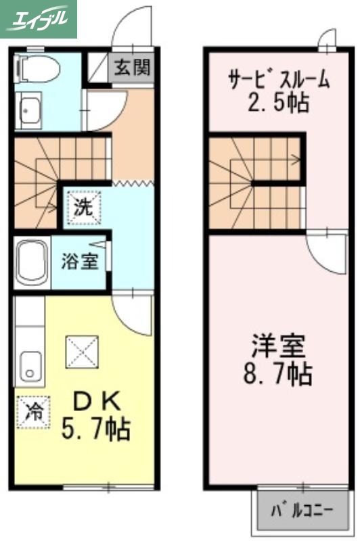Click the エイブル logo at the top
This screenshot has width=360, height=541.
39,19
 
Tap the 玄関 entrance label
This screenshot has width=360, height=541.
132,67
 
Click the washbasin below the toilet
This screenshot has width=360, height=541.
29,109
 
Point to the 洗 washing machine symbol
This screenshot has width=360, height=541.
83,207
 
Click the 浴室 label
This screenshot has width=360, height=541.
80,261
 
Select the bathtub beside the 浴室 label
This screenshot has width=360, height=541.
31,262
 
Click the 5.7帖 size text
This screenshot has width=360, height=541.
96,429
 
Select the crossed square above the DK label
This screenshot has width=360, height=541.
81,352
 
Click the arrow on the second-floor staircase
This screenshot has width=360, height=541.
295,160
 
